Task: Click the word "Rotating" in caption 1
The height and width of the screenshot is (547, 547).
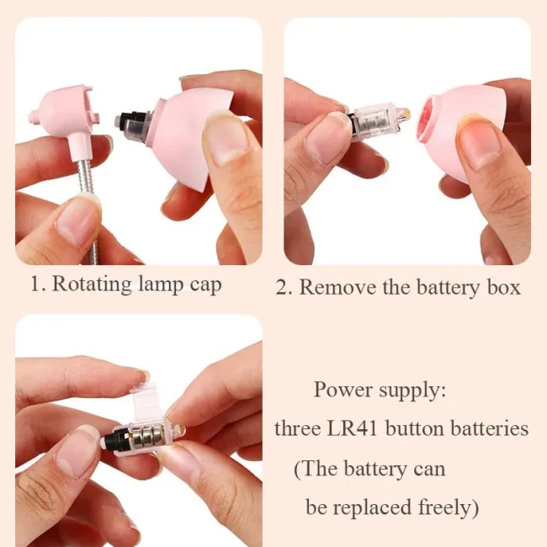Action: [x=92, y=284]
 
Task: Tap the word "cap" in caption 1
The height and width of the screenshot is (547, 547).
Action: [x=206, y=286]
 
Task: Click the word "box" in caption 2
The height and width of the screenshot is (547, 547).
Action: [x=503, y=288]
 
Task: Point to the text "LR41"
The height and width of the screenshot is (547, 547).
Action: [x=352, y=428]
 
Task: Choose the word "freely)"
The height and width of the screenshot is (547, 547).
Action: [x=449, y=507]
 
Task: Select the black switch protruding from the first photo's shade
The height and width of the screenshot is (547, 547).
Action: [x=129, y=123]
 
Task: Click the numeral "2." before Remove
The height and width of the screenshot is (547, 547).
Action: [x=284, y=288]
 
